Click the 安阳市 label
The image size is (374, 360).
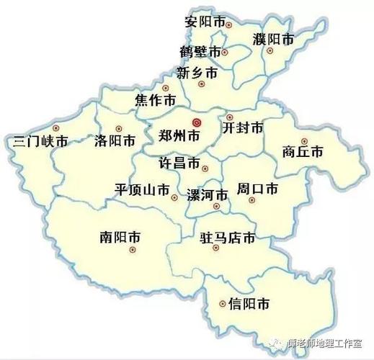[x=205, y=21]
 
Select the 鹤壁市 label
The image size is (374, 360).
[x=200, y=52]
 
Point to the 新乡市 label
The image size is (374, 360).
[x=197, y=73]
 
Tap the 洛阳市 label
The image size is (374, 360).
[x=115, y=140]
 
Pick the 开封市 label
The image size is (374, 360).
[x=243, y=128]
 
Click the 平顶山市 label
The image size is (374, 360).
[x=142, y=189]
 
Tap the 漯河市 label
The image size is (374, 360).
[x=207, y=194]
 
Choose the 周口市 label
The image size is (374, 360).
[x=257, y=189]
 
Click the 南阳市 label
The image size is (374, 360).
[x=121, y=235]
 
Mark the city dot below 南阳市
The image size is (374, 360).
[x=132, y=250]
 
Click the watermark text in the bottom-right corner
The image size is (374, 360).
[x=331, y=344]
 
